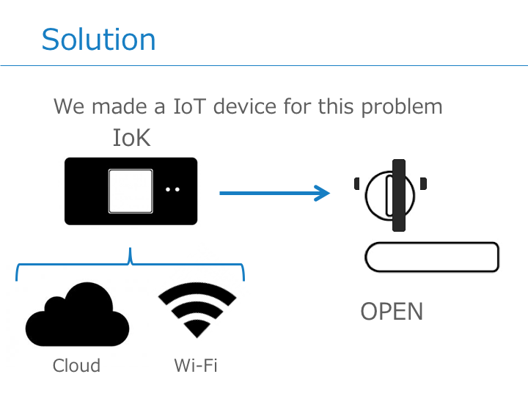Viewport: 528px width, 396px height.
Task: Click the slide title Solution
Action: coord(98,39)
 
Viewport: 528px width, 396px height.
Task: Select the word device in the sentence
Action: coord(247,106)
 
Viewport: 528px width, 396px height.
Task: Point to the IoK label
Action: coord(131,138)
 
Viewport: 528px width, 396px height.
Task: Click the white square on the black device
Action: coord(131,191)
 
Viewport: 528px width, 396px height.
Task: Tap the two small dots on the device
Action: coord(172,189)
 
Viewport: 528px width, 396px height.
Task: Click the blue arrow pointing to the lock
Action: coord(275,193)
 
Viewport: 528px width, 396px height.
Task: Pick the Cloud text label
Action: coord(76,365)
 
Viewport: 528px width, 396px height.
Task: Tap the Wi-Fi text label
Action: coord(196,365)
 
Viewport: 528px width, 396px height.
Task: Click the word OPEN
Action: coord(392,312)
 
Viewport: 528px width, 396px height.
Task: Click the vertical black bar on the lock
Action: coord(398,195)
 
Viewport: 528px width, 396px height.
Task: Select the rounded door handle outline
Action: coord(432,257)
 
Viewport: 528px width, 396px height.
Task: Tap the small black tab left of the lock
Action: coord(356,183)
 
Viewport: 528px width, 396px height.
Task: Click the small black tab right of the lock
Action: coord(424,183)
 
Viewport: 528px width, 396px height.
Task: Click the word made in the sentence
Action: coord(120,106)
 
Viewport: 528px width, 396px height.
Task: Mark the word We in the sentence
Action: coord(69,106)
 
